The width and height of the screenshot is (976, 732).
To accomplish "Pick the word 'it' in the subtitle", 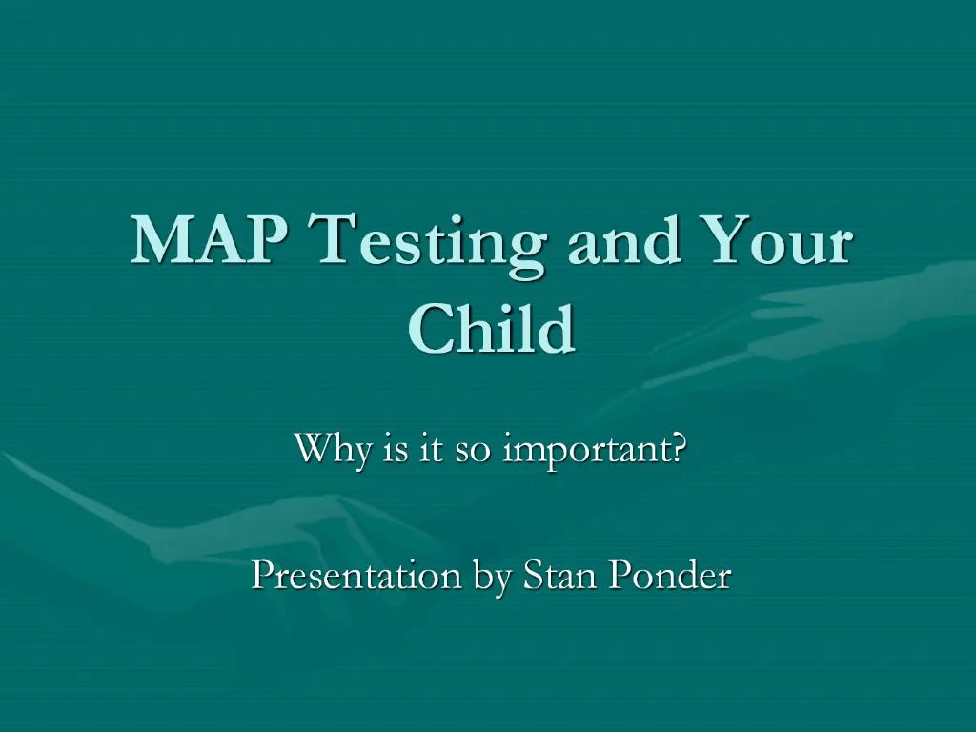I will click(432, 447).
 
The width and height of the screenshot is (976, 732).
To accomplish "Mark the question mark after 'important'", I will click(678, 447).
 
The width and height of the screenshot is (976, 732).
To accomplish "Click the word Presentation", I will click(355, 575).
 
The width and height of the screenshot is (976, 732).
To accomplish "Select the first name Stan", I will click(558, 575).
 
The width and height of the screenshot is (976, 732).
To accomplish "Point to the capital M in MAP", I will click(158, 240).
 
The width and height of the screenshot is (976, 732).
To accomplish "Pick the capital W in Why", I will click(314, 447).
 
